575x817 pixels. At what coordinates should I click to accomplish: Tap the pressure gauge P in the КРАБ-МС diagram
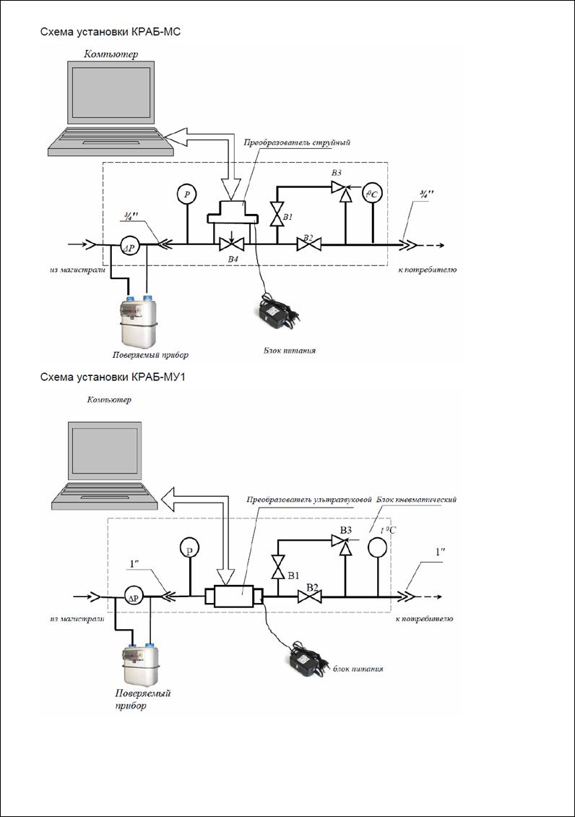pos(187,194)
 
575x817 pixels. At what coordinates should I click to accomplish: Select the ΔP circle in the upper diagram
pos(129,246)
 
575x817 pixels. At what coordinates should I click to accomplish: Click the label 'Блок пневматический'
pos(417,500)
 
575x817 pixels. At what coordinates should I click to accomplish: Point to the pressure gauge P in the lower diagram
pos(189,549)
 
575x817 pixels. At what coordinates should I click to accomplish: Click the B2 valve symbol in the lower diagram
pos(308,597)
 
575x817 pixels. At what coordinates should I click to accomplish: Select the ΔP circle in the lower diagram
pos(132,596)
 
